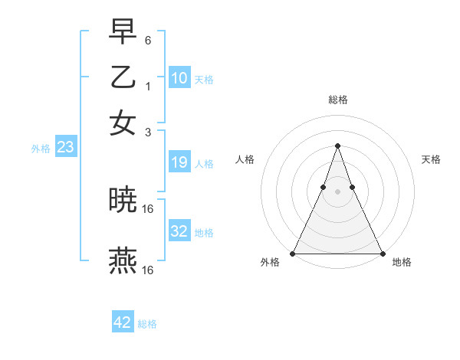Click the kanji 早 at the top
(123, 32)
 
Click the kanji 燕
(123, 260)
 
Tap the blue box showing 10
(179, 78)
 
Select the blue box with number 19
(179, 162)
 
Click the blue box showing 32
(179, 231)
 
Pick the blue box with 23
(65, 148)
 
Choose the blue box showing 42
(123, 322)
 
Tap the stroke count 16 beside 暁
(148, 208)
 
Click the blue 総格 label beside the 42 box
(147, 324)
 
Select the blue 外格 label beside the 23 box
(40, 149)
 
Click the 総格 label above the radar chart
(337, 100)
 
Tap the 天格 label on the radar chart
(431, 159)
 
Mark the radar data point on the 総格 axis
(337, 146)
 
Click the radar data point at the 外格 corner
(293, 254)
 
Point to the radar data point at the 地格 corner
(382, 254)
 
